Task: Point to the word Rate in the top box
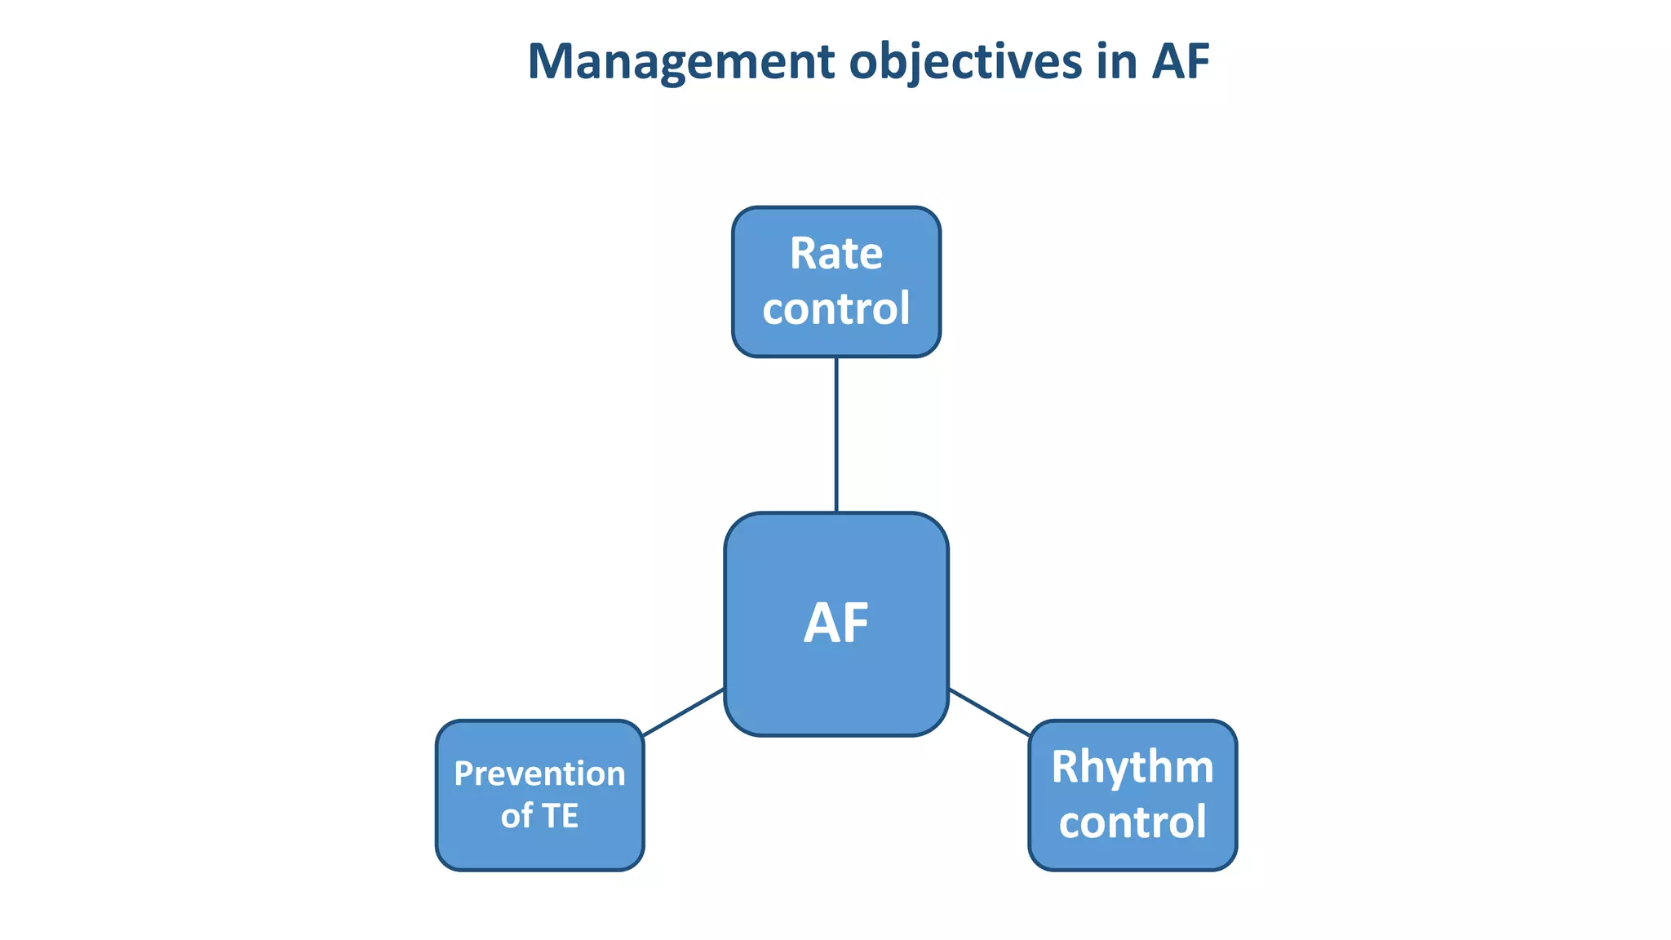point(836,254)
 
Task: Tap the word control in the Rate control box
point(836,308)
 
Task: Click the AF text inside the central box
point(836,624)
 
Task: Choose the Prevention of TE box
point(539,849)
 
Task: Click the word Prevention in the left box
point(539,774)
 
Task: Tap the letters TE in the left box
point(561,816)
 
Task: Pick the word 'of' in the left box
point(516,816)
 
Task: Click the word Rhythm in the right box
point(1132,768)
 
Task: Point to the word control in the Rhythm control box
point(1132,822)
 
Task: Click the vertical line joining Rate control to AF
point(836,434)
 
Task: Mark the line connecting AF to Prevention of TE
point(684,712)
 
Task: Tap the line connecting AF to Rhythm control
point(989,712)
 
